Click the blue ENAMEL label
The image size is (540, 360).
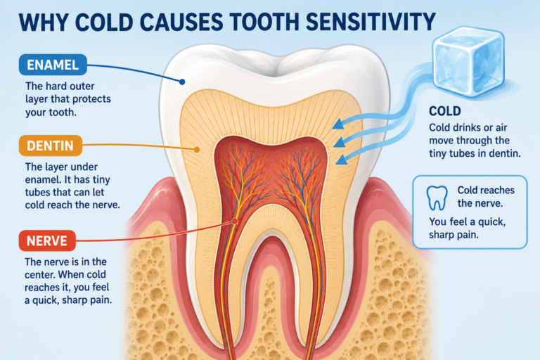(x=53, y=65)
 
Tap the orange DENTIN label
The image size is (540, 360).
(x=51, y=146)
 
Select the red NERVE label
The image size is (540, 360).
(x=47, y=240)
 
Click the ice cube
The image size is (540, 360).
(x=468, y=62)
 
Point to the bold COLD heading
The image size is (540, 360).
(x=445, y=111)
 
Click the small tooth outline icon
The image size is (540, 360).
(x=437, y=198)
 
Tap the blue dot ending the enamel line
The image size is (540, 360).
(x=182, y=82)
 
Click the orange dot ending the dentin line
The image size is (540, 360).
(x=197, y=150)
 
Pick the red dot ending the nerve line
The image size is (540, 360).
(x=235, y=221)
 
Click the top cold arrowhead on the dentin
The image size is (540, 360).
(x=338, y=124)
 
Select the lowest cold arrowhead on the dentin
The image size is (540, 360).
(x=341, y=160)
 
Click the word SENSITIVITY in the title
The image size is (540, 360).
(x=371, y=22)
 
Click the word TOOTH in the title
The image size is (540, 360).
(x=264, y=22)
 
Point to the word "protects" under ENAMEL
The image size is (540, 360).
(x=91, y=99)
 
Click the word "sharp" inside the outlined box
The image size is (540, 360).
(x=441, y=236)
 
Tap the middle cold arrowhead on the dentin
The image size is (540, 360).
(x=340, y=142)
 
